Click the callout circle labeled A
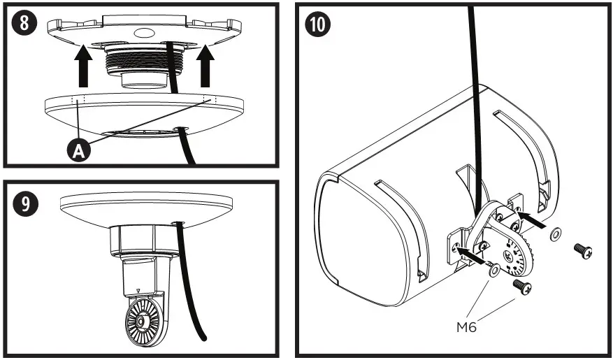pos(80,150)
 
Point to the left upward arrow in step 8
pos(83,64)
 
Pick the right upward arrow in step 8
pos(205,64)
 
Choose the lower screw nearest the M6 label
pos(521,286)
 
